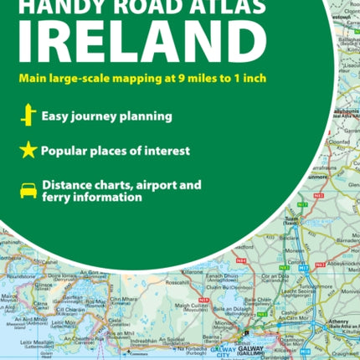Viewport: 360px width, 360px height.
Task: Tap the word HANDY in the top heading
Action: (59, 3)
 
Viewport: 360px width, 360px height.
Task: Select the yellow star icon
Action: (26, 152)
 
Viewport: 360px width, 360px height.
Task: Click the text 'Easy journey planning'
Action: (99, 116)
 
